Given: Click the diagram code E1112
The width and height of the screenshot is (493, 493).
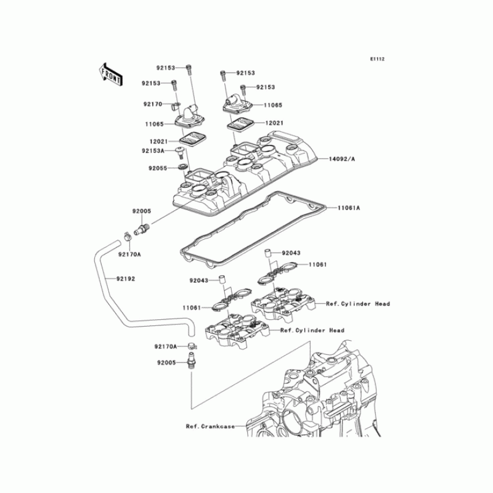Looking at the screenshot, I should click(377, 59).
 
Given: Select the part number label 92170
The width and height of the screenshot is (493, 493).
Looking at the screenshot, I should click(153, 104).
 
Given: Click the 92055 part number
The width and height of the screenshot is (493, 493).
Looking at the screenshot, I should click(157, 168).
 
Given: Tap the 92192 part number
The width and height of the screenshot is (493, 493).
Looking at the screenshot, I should click(124, 279).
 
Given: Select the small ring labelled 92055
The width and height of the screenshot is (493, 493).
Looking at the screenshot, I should click(183, 168).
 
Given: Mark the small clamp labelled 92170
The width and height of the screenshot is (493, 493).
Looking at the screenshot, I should click(177, 104).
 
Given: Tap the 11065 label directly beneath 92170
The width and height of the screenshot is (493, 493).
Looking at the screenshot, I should click(155, 124).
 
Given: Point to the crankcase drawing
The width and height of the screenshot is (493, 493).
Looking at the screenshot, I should click(320, 401).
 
